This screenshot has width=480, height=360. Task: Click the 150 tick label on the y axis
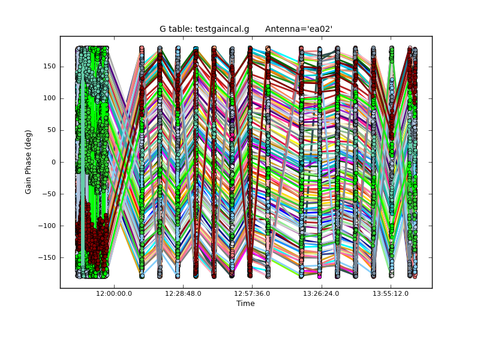[x=50, y=66]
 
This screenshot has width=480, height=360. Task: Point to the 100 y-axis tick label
[x=50, y=98]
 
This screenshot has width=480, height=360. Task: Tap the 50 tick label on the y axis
[x=52, y=130]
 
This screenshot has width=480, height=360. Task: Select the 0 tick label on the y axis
[x=53, y=162]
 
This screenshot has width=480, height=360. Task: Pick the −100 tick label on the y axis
[x=47, y=226]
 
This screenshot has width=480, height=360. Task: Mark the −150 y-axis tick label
[x=47, y=257]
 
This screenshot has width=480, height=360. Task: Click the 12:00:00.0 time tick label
[x=114, y=293]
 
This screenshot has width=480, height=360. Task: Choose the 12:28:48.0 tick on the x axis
[x=183, y=293]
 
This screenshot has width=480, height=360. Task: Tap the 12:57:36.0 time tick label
[x=253, y=293]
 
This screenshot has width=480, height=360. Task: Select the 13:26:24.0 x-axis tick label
[x=322, y=293]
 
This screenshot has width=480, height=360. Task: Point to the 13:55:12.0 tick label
[x=391, y=293]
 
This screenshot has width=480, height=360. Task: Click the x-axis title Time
[x=245, y=304]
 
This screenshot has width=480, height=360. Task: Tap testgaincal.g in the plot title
[x=222, y=29]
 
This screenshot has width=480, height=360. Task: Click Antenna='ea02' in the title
[x=299, y=29]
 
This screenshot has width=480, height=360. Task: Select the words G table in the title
[x=176, y=29]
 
